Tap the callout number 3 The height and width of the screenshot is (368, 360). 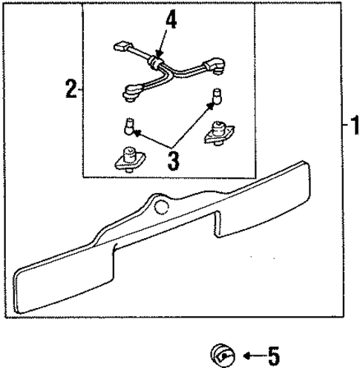tap(173, 160)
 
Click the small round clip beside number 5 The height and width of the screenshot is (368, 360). tap(220, 355)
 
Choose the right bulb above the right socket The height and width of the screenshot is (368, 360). tap(217, 96)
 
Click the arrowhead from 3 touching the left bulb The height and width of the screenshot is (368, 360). tap(137, 134)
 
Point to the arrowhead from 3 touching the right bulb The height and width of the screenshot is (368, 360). tap(211, 106)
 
